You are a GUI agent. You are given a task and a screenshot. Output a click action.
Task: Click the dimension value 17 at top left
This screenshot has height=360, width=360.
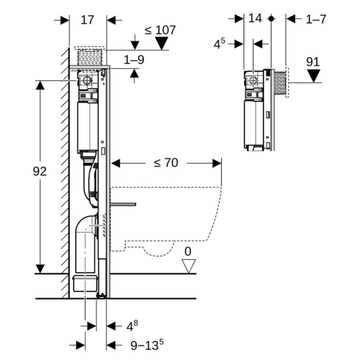click(88, 19)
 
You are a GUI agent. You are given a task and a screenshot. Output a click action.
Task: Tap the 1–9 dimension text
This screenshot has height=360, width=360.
click(134, 60)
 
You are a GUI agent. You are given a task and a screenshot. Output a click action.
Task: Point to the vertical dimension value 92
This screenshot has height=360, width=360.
click(39, 171)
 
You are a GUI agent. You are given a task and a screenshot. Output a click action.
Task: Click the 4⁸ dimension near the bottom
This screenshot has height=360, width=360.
click(132, 326)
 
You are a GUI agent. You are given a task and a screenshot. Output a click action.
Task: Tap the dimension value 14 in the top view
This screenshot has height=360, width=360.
click(256, 19)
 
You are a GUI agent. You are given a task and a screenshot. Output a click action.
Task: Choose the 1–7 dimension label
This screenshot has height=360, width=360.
click(316, 19)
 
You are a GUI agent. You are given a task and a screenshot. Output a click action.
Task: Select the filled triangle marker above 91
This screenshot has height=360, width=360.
click(313, 76)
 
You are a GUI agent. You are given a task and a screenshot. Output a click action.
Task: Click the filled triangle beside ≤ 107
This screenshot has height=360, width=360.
click(161, 43)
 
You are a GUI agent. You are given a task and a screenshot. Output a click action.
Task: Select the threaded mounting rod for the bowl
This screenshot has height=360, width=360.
click(123, 205)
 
